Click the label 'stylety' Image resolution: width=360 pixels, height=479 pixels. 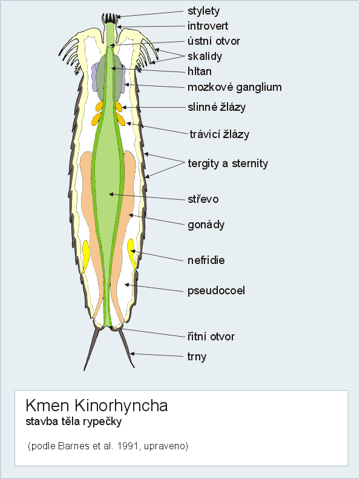(203, 11)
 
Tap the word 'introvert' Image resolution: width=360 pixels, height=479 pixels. (208, 26)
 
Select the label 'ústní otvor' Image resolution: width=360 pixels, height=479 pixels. (214, 41)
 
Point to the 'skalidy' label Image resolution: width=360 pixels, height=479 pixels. (205, 56)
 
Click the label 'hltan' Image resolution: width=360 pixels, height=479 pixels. (200, 71)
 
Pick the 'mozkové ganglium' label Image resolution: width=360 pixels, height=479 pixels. (235, 87)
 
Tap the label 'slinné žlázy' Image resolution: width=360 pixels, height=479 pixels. (217, 107)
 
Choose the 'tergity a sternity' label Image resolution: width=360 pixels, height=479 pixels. (227, 164)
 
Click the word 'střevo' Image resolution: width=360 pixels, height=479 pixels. (203, 199)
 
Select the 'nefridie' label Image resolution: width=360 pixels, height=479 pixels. (206, 260)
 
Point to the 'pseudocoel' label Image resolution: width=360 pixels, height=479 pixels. (216, 291)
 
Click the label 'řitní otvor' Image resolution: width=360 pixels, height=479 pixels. (211, 337)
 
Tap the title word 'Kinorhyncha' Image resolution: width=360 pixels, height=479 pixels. (121, 406)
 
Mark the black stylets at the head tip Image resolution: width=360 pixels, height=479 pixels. (110, 18)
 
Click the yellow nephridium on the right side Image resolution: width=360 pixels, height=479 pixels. (132, 254)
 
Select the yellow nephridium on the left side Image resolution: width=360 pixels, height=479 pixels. (85, 256)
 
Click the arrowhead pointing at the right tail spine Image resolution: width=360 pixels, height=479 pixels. (133, 354)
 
